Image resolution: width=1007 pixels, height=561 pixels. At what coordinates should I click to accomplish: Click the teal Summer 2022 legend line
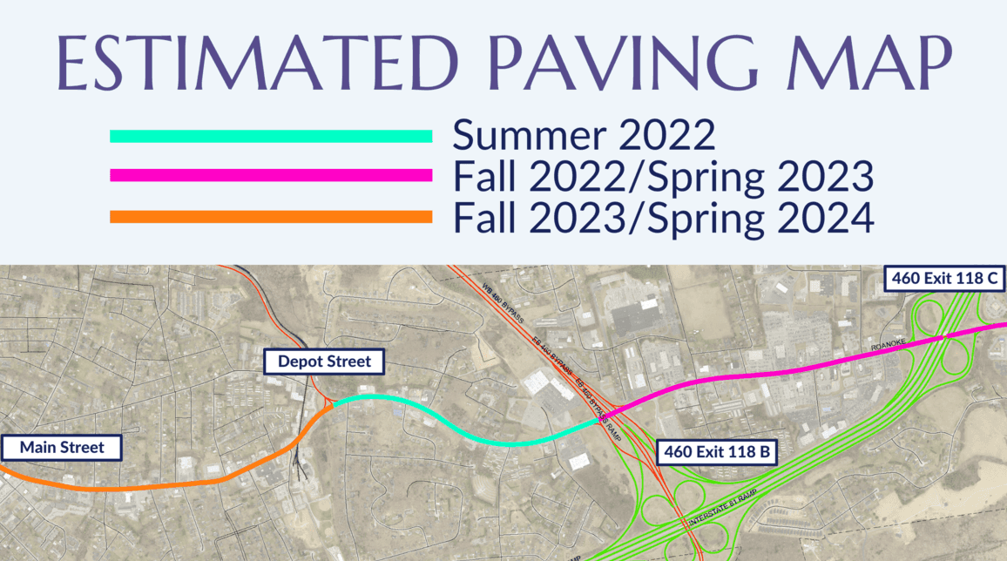pos(271,136)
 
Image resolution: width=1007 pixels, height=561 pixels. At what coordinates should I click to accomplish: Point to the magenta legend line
pos(271,175)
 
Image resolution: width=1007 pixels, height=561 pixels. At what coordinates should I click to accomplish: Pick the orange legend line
pos(271,216)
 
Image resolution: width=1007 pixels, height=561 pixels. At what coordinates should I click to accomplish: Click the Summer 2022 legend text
pos(584,136)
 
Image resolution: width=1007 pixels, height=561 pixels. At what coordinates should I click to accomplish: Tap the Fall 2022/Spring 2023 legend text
pos(663,176)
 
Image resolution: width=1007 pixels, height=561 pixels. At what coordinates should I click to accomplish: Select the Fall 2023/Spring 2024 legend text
pos(663,217)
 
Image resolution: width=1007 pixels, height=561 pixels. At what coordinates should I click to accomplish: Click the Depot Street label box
pos(324,361)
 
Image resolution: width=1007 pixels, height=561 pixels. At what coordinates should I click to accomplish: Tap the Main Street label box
pos(62,448)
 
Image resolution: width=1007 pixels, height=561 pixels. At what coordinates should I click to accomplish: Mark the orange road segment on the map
pos(174,484)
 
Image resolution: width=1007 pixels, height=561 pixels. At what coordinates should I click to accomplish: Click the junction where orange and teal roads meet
pos(332,406)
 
